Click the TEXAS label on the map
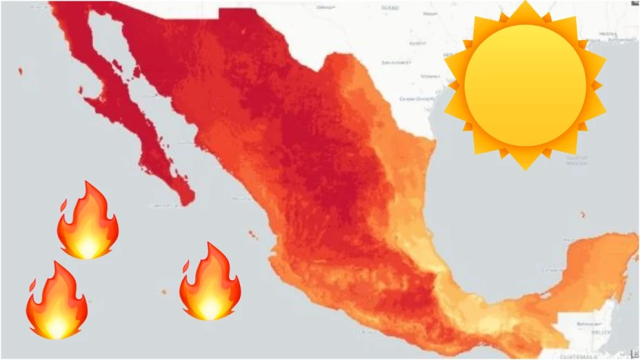pos(390,8)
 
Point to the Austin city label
pos(417,43)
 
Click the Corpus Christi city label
pos(414,99)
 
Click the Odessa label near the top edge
pos(324,6)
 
